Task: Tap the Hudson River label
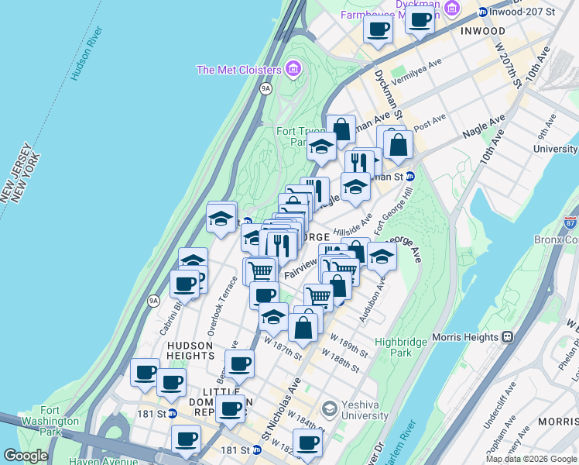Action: tap(86, 54)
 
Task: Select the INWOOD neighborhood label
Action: tap(484, 31)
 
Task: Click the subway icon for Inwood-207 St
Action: tap(482, 12)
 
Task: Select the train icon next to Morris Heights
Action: tap(508, 336)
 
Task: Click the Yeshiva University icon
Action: tap(329, 408)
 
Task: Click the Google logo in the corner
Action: tap(26, 456)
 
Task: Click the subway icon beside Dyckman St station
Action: tap(410, 176)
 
